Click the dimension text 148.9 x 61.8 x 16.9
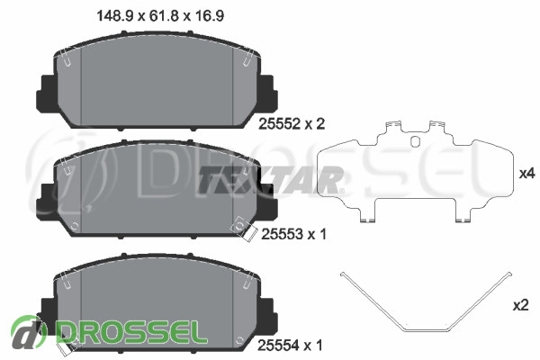(x=160, y=16)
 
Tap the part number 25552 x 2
(x=292, y=124)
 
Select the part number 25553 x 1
(x=293, y=235)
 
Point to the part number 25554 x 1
(x=290, y=346)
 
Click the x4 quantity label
(x=526, y=174)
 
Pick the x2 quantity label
(x=520, y=305)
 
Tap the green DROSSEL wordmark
(x=132, y=332)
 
